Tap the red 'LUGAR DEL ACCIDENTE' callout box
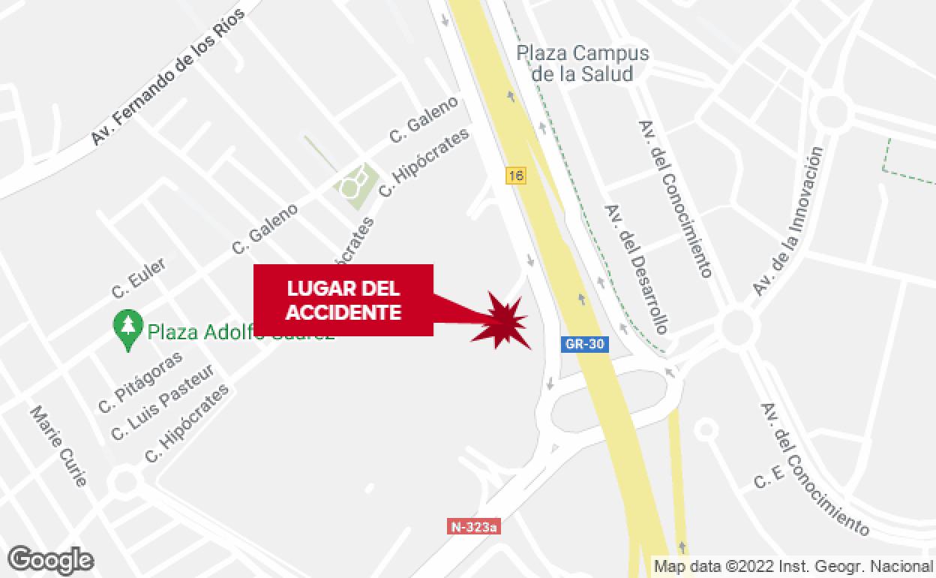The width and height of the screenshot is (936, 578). point(343,300)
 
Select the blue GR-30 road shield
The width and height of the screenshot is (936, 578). point(585,344)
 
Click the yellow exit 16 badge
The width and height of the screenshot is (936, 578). point(515,176)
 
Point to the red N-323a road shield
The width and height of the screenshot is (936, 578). point(474,526)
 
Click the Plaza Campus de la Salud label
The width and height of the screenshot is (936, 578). point(582,63)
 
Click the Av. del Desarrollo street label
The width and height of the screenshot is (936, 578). point(636,268)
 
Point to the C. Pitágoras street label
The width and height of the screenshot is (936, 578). point(140,382)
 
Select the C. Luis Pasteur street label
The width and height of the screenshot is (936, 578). point(163,402)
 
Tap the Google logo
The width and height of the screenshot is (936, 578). point(50,559)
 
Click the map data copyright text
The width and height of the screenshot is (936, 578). point(793,566)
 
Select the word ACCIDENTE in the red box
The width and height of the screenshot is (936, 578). point(343,312)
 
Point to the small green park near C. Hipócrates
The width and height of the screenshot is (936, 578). point(355,183)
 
